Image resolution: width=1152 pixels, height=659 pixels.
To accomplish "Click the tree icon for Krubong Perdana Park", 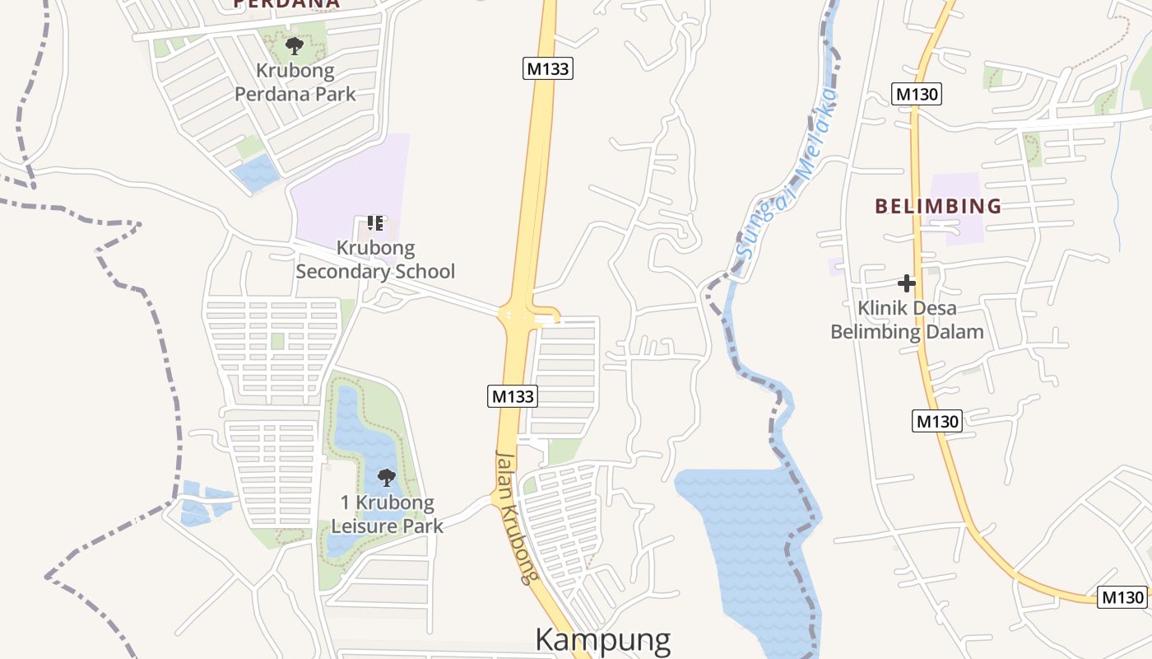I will [x=294, y=45].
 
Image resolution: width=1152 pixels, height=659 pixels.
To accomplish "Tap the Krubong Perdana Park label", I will [x=295, y=82].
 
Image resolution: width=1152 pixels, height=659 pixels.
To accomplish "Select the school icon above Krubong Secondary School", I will [x=375, y=223].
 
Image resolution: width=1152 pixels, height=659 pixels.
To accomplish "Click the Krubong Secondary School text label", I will [x=375, y=259].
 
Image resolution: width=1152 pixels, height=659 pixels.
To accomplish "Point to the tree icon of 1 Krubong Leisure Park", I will [x=386, y=477].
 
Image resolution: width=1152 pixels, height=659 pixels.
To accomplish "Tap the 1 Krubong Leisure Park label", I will [x=387, y=514].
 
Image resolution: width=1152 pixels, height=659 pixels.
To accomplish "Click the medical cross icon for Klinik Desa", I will [x=907, y=284].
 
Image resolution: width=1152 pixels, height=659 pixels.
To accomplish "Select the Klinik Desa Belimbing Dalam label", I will [x=907, y=320].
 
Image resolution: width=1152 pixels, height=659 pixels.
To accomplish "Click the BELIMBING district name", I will [x=938, y=206].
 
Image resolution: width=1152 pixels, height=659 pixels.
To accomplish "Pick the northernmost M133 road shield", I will [x=548, y=68].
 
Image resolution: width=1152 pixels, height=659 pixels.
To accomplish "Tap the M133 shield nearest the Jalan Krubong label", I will [x=513, y=396].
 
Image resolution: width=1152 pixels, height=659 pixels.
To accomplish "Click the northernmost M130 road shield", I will [x=917, y=94].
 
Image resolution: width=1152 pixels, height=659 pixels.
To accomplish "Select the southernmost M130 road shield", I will [x=1122, y=597].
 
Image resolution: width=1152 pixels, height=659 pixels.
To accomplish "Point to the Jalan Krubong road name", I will [x=516, y=517].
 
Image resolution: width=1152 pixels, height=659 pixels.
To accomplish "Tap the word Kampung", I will [x=603, y=640].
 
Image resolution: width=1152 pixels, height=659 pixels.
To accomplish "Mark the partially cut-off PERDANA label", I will [x=286, y=4].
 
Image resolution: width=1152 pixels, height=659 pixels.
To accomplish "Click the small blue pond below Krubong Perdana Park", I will [x=256, y=172].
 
